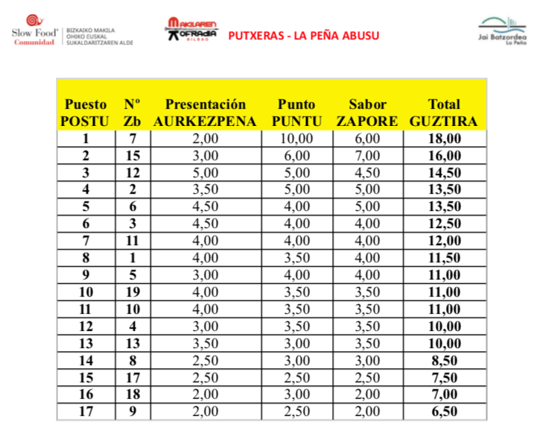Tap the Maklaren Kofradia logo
coord(191,32)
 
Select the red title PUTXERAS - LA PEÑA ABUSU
coord(303,35)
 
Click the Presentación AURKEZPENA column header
coord(205,113)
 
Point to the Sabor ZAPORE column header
coord(367,113)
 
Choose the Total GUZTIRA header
coord(445,113)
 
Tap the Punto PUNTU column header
coord(296,113)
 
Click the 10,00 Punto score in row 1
coord(296,138)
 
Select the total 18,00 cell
coord(445,138)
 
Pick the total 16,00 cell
coord(445,155)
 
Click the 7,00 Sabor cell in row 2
coord(367,155)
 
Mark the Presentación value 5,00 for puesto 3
coord(205,172)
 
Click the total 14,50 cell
coord(445,172)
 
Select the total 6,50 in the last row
coord(445,411)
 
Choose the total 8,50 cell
coord(445,360)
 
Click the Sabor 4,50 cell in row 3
coord(367,172)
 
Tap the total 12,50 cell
coord(445,223)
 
